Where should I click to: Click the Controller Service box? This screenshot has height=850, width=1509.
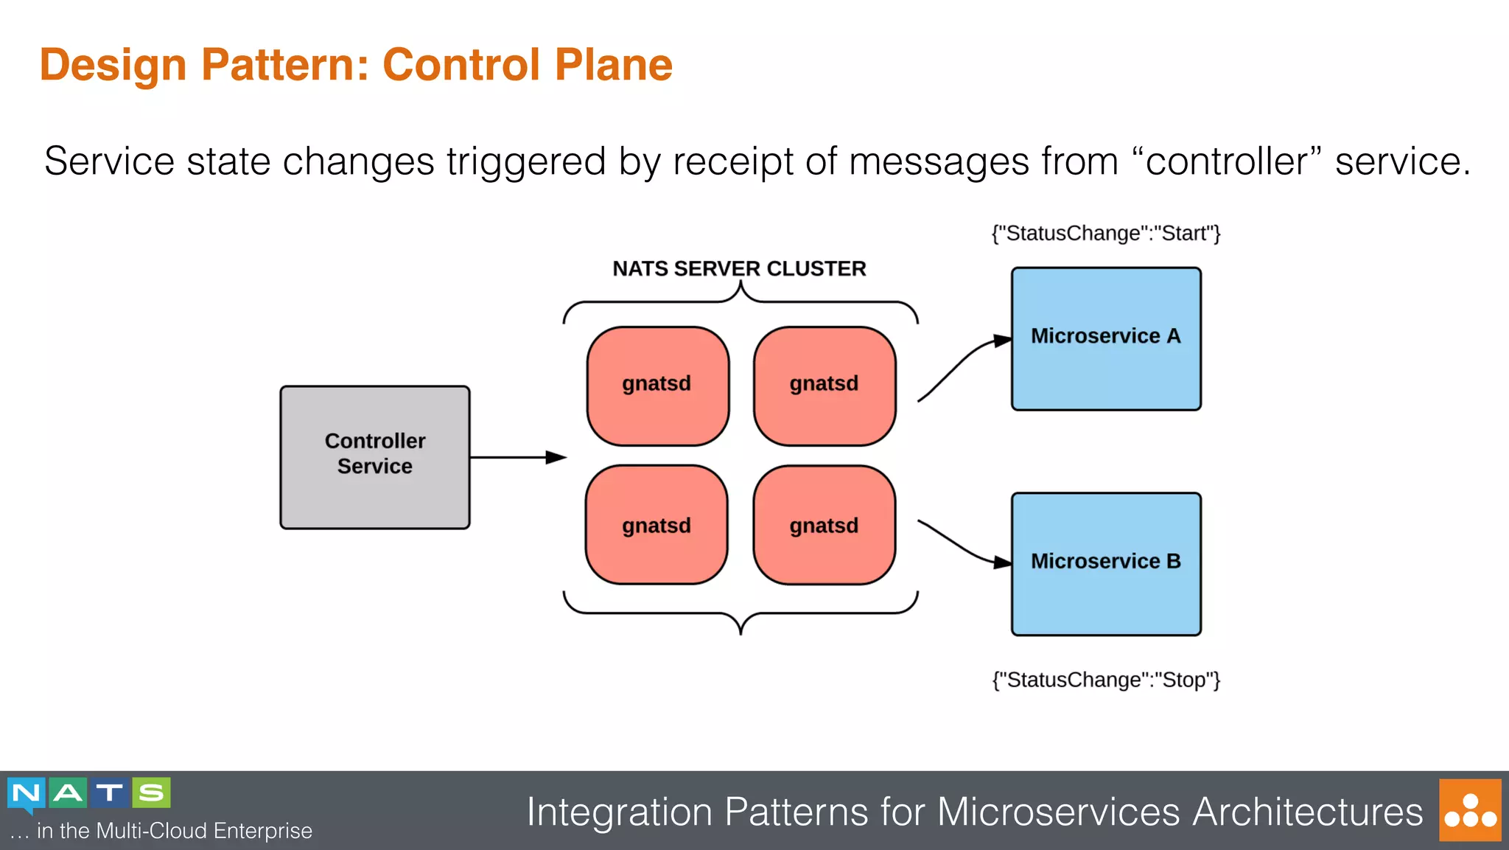[374, 457]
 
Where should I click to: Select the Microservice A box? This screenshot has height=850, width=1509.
[1105, 338]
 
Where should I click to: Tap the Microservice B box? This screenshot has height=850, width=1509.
[1105, 564]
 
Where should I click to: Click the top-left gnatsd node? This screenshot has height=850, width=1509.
[657, 386]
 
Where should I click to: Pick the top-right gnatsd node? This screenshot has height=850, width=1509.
[824, 386]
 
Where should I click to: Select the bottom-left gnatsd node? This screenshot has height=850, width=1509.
[656, 524]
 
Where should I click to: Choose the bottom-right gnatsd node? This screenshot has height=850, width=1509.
[824, 524]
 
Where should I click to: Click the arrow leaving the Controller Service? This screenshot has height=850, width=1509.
[516, 457]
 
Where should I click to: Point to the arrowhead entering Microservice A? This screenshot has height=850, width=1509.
[1002, 341]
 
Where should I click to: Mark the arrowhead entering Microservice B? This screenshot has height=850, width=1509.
[1002, 562]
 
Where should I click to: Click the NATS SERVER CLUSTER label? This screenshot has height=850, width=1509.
[739, 268]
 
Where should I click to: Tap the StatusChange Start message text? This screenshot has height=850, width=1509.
[1105, 233]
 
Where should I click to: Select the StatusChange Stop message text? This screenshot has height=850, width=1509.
[1105, 679]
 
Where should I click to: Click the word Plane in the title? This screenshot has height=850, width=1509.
[613, 64]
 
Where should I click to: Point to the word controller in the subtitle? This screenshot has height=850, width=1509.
[1225, 161]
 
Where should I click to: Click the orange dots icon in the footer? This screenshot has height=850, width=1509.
[1469, 809]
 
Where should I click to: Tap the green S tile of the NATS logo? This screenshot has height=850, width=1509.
[151, 792]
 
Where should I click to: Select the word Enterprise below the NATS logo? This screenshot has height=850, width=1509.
[263, 831]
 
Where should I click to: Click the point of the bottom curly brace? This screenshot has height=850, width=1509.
[741, 631]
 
